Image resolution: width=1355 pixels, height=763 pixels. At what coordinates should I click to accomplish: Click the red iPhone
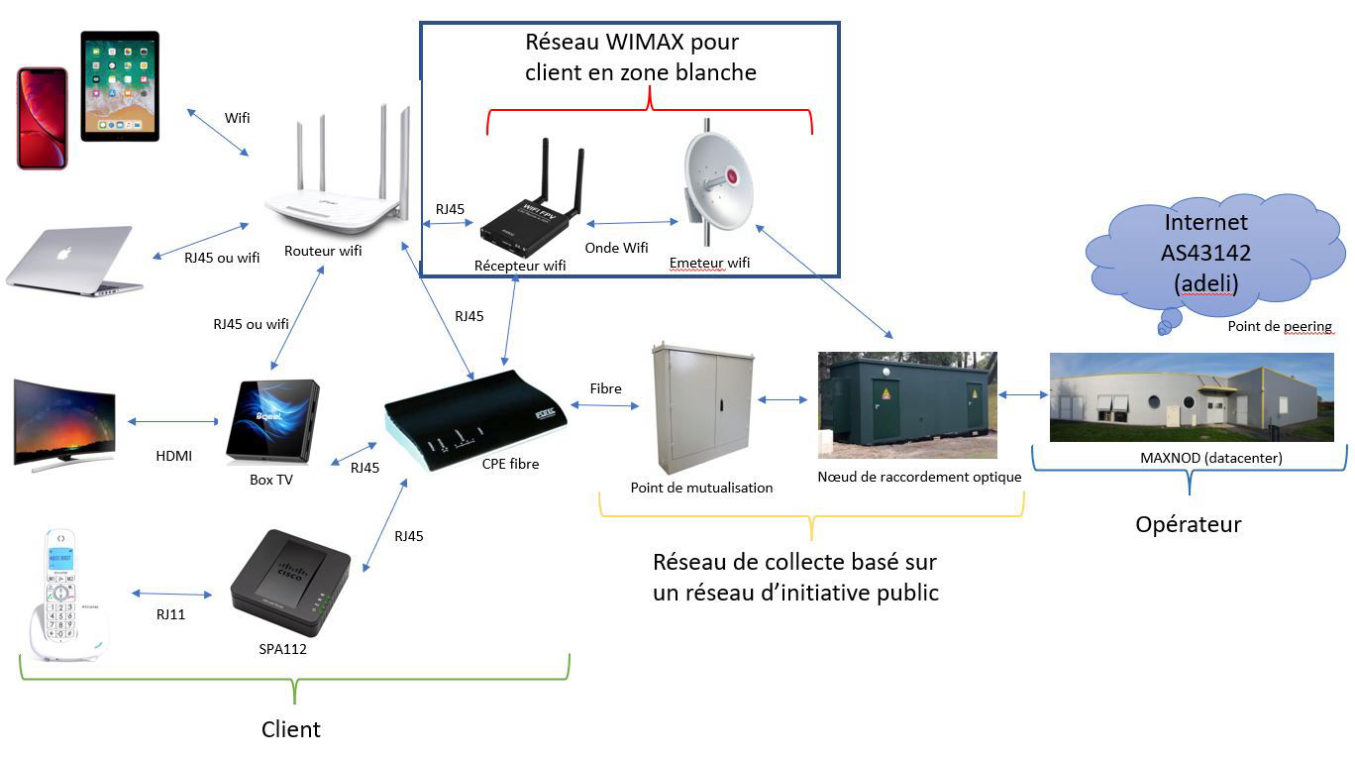pyautogui.click(x=42, y=118)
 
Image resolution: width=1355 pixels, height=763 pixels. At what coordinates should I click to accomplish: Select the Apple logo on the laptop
pyautogui.click(x=64, y=253)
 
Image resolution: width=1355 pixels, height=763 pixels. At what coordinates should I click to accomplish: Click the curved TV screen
pyautogui.click(x=64, y=421)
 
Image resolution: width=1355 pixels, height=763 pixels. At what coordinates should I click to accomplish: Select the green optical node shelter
pyautogui.click(x=905, y=404)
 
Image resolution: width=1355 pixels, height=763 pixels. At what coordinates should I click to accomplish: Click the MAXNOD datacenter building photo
pyautogui.click(x=1191, y=396)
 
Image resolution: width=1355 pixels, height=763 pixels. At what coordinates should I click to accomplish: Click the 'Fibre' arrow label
pyautogui.click(x=605, y=388)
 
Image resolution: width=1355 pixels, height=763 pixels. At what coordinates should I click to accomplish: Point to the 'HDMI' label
pyautogui.click(x=173, y=456)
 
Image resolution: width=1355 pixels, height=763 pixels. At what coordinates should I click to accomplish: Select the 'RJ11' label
pyautogui.click(x=170, y=614)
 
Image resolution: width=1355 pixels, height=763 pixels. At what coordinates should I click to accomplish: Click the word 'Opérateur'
pyautogui.click(x=1188, y=524)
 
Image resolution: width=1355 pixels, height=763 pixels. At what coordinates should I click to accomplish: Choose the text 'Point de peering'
pyautogui.click(x=1279, y=326)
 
